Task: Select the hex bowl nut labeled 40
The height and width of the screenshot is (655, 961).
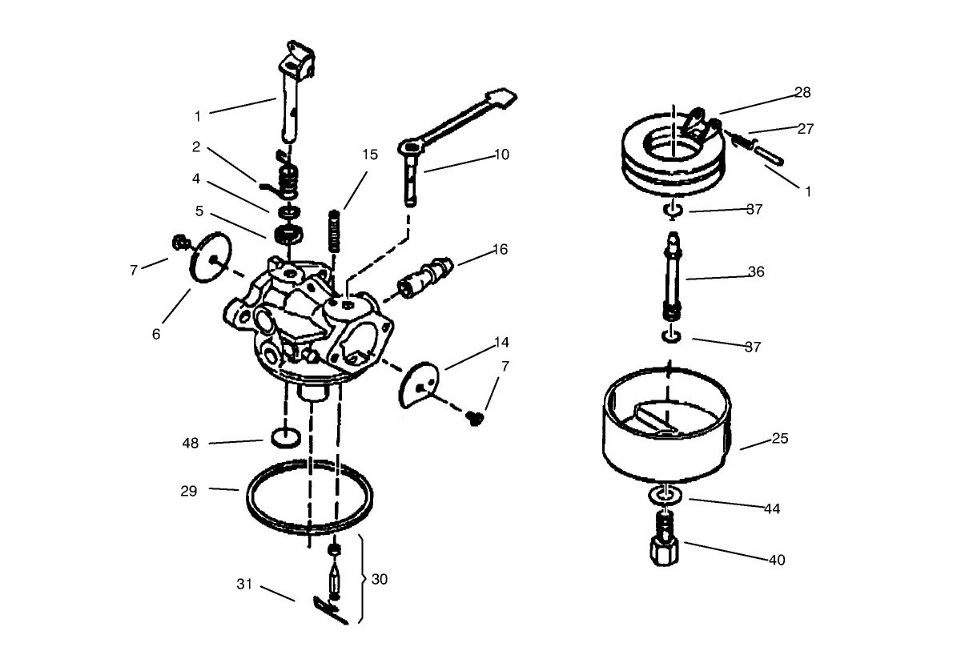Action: (x=665, y=553)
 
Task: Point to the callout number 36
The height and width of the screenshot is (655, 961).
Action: (x=756, y=271)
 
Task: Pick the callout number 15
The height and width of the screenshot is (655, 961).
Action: (x=369, y=155)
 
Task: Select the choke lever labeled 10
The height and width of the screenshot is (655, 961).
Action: (x=448, y=128)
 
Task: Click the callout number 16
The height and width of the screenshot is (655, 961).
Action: (x=500, y=249)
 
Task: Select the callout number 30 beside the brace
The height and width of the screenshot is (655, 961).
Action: (x=380, y=579)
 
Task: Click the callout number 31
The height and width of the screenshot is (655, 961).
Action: (x=244, y=584)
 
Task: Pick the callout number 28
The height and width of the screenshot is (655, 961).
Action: (x=802, y=92)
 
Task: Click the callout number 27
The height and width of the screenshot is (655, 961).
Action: (x=806, y=128)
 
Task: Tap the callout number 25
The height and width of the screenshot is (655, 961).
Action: (x=780, y=438)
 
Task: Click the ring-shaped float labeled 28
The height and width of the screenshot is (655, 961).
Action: (x=641, y=172)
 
